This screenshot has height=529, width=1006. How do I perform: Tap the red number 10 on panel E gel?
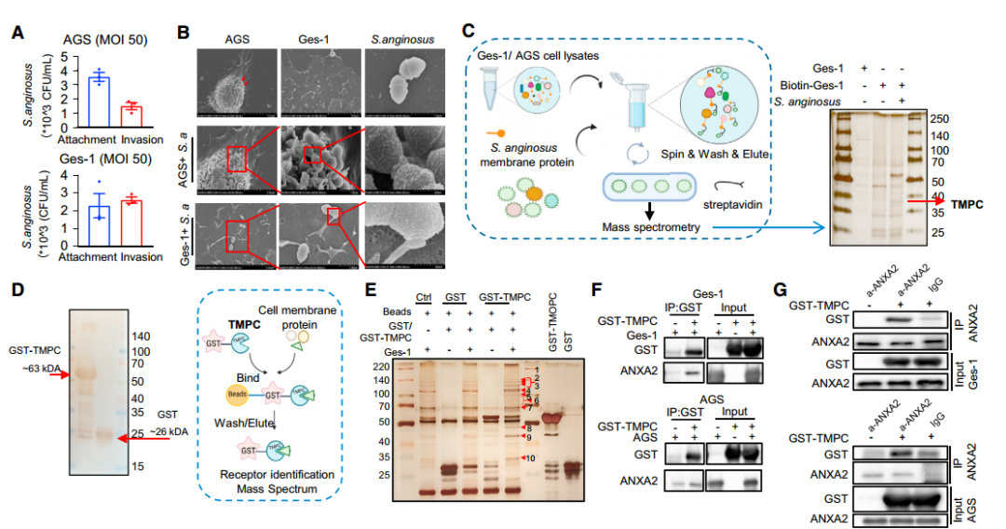click(530, 459)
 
